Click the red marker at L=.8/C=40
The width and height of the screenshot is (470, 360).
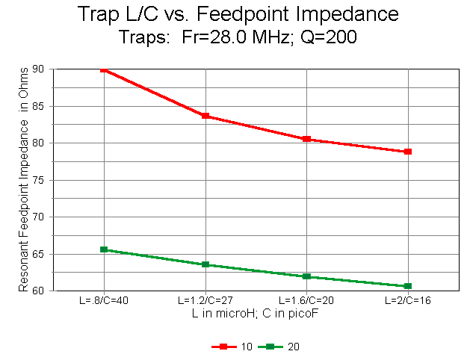coord(105,69)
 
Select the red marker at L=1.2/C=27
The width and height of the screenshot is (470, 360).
coord(205,116)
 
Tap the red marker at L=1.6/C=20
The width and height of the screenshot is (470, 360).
coord(306,139)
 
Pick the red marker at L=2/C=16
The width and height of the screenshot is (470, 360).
coord(408,152)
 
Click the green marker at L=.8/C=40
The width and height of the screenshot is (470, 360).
coord(105,249)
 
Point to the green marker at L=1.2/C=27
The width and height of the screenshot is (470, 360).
coord(205,264)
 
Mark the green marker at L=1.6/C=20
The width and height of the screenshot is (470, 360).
coord(306,276)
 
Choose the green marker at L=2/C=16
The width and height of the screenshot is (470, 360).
coord(408,286)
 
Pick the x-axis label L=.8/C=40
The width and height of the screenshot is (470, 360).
coord(104,301)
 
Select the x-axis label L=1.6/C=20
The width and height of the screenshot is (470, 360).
coord(306,301)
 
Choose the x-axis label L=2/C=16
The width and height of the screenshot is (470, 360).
coord(408,301)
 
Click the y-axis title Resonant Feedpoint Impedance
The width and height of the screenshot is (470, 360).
coord(24,180)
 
